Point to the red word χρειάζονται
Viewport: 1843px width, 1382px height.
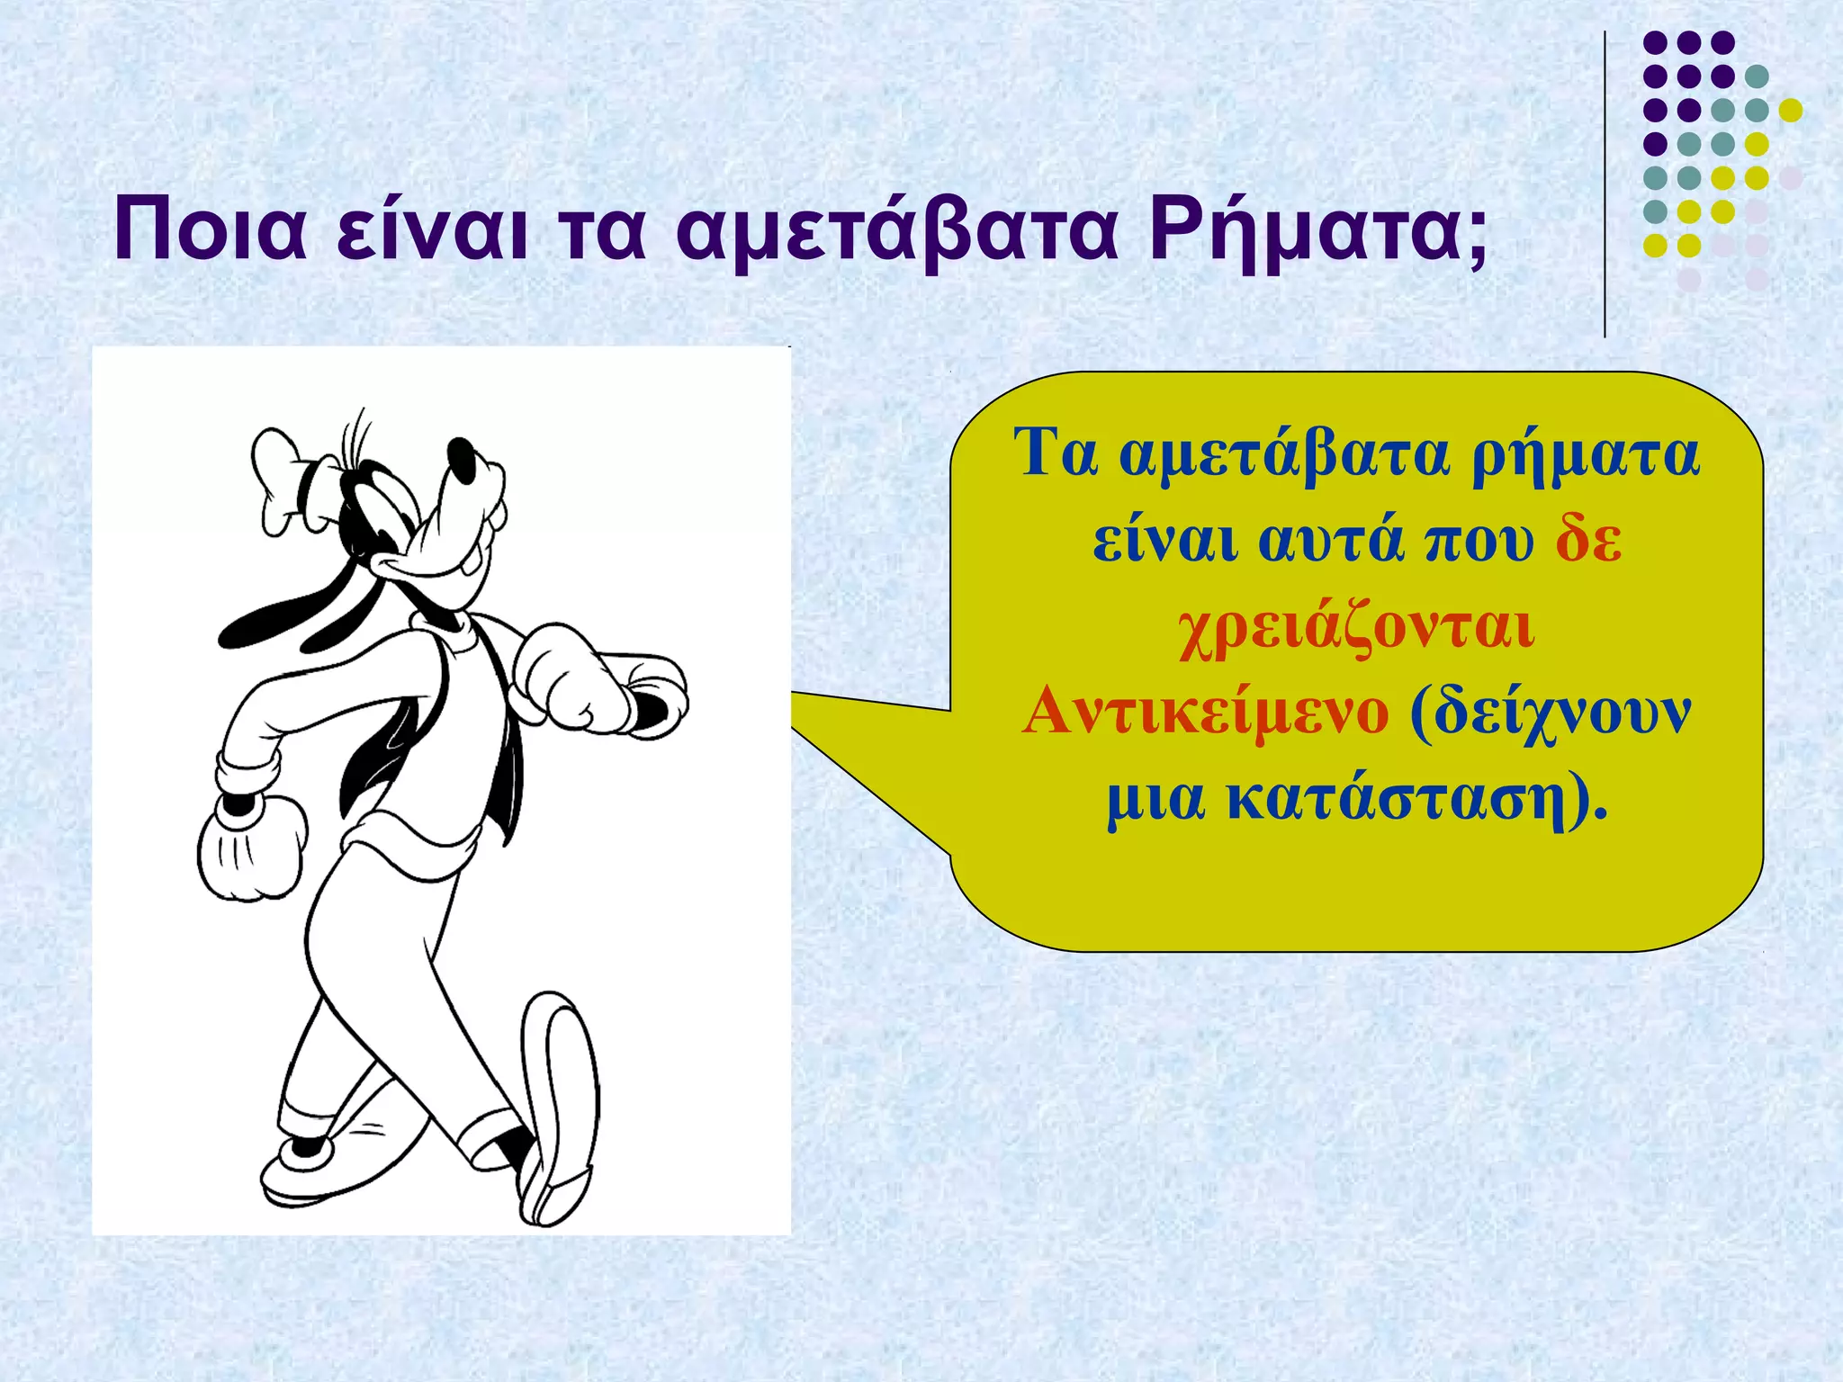[x=1357, y=627]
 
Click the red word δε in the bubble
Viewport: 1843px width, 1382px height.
[x=1589, y=541]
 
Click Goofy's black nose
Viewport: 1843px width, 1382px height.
[x=463, y=459]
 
